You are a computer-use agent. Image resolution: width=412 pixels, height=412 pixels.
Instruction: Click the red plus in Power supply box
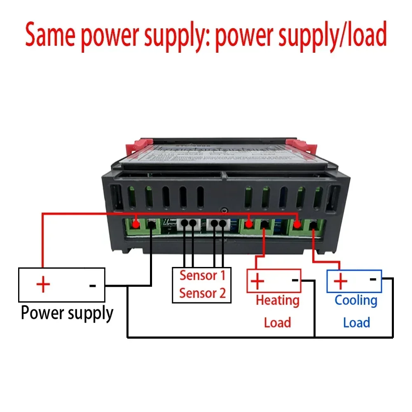[x=43, y=284]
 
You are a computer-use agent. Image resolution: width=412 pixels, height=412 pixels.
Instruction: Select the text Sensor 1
[x=202, y=276]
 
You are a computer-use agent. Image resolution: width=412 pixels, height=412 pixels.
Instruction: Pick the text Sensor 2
[x=202, y=293]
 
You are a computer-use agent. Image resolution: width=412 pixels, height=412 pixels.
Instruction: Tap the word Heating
[x=277, y=300]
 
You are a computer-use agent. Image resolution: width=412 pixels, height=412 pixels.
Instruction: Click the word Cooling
[x=356, y=300]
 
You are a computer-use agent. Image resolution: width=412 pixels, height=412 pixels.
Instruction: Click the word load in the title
[x=363, y=35]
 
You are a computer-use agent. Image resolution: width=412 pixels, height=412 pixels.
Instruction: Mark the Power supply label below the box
[x=67, y=313]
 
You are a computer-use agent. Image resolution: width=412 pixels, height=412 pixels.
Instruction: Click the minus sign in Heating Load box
[x=295, y=280]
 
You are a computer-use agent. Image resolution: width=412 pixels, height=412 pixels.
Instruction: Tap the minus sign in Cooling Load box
[x=373, y=279]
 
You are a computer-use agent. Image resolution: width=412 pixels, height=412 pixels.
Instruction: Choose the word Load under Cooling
[x=356, y=322]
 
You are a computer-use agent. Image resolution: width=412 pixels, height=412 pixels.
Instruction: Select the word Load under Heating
[x=277, y=322]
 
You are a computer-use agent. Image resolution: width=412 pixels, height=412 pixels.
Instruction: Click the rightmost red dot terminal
[x=297, y=224]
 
